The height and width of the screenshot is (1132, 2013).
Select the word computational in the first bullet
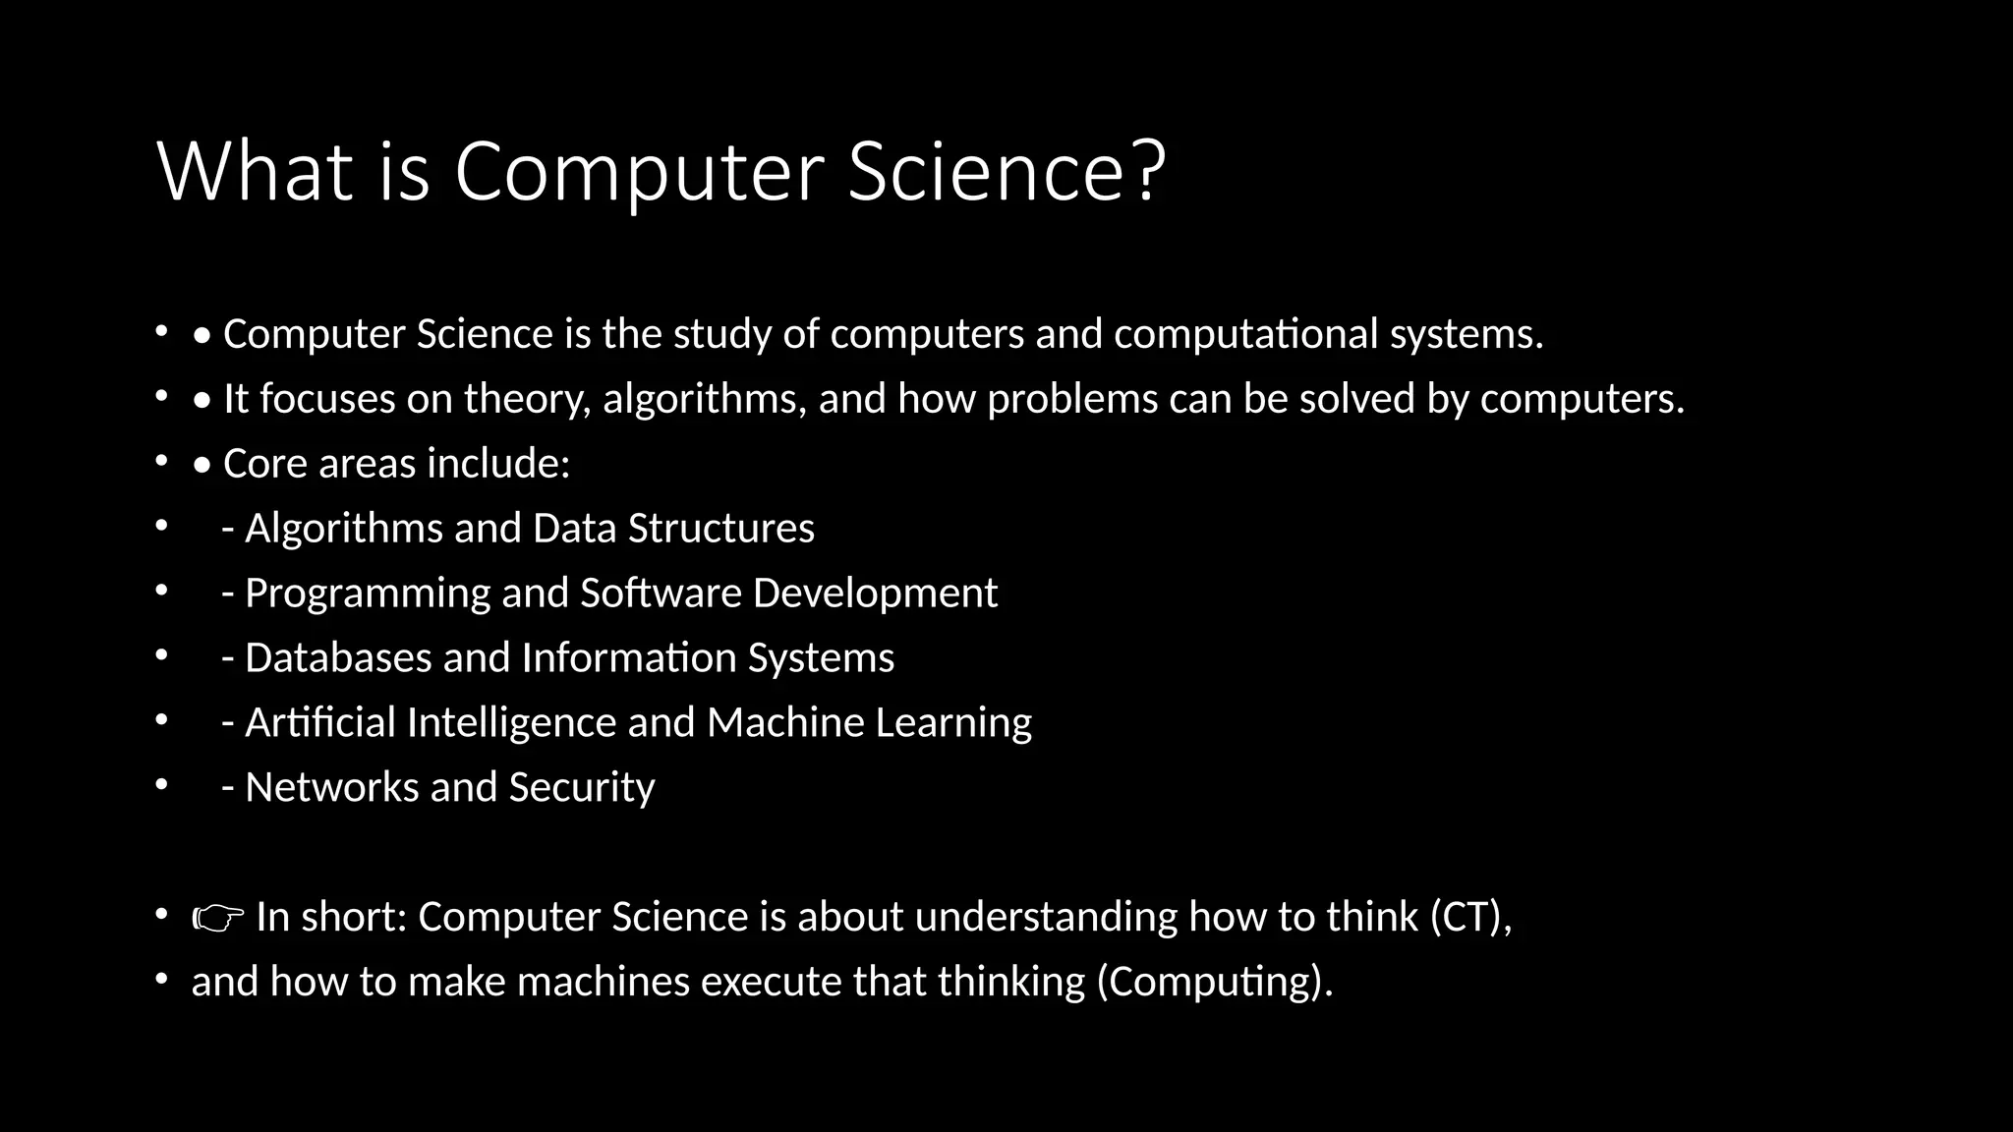coord(1245,334)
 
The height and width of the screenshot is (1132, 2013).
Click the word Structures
coord(721,529)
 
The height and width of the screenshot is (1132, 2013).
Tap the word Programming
coord(367,594)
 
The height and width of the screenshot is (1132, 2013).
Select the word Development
coord(875,594)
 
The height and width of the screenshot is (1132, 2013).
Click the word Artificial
coord(319,723)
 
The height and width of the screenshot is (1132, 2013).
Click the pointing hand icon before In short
coord(218,919)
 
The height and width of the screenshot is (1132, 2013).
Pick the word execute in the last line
coord(771,982)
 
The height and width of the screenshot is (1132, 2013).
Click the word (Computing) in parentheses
coord(1215,982)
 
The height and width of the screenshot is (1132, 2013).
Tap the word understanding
coord(1046,917)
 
